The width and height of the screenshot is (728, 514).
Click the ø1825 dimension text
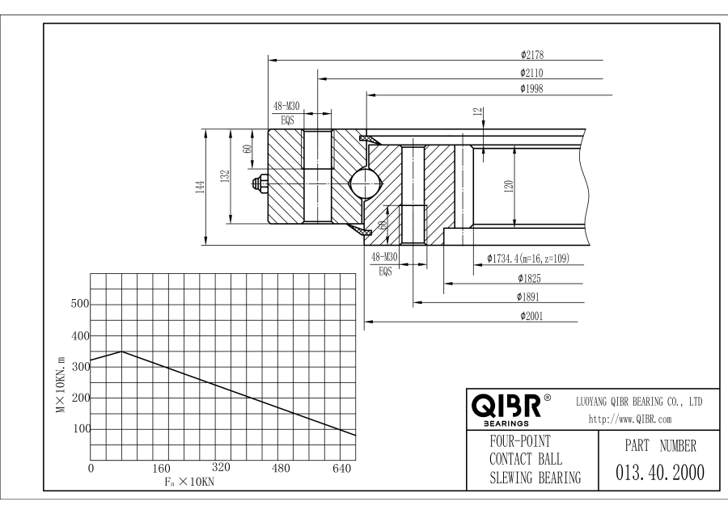(x=531, y=278)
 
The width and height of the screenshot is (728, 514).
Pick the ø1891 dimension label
(x=531, y=297)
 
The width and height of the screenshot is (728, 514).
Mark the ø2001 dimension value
(x=531, y=315)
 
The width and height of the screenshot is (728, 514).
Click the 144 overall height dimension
(x=199, y=186)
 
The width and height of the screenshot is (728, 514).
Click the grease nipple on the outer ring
(x=260, y=184)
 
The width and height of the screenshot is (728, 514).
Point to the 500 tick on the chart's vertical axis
(x=78, y=305)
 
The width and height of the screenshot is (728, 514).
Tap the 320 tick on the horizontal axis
(x=222, y=469)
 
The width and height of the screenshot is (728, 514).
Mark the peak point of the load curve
(x=121, y=352)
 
